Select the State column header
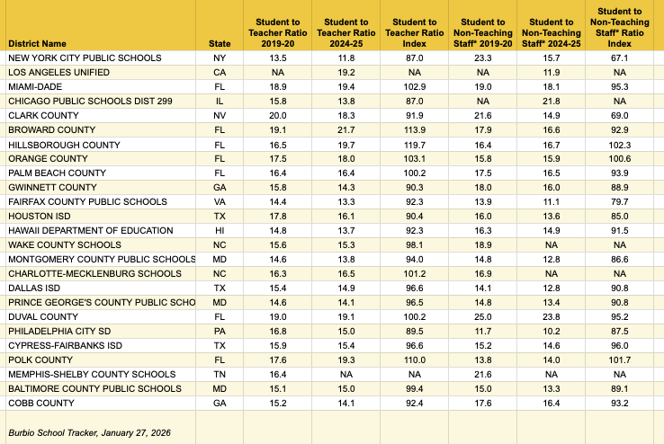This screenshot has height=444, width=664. (219, 42)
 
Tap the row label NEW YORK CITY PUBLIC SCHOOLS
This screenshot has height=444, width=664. (85, 58)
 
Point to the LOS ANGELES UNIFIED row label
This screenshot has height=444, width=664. (58, 72)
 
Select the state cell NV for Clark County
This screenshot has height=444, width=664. (220, 115)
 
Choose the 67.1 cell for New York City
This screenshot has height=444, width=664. (619, 58)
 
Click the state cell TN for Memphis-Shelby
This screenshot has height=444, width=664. (220, 374)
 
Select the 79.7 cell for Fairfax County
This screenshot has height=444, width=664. (619, 201)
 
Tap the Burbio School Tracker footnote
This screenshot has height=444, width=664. (88, 433)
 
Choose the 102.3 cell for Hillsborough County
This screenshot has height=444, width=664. (619, 144)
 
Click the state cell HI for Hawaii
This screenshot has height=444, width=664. (220, 230)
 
